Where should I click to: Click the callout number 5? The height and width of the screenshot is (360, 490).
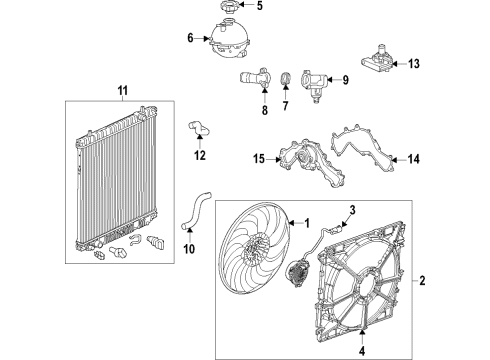click(260, 7)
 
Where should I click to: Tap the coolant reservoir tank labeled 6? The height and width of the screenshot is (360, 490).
click(229, 41)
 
